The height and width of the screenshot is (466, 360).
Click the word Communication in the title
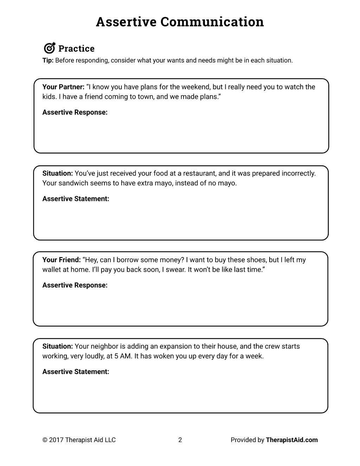212,22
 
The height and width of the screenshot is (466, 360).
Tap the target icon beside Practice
49,48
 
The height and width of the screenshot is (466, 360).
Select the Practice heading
76,49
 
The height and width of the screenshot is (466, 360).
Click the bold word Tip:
48,60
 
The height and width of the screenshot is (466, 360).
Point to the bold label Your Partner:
63,87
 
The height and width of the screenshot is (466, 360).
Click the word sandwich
73,183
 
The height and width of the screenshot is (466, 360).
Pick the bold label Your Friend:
62,260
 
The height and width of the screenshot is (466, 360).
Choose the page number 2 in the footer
180,440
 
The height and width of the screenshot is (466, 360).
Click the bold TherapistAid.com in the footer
291,440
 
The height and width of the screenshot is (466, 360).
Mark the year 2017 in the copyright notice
56,440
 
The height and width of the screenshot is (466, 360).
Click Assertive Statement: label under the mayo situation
76,199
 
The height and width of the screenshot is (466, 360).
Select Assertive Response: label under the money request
75,286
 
